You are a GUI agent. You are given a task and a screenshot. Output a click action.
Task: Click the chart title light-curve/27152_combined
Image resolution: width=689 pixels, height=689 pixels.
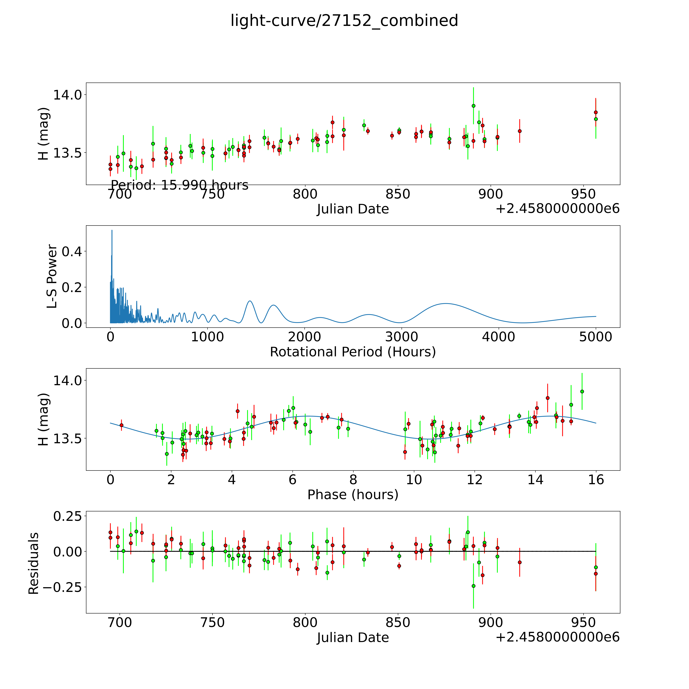pyautogui.click(x=344, y=21)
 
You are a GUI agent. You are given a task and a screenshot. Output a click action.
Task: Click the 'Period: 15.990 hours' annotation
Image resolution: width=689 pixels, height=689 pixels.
pyautogui.click(x=179, y=185)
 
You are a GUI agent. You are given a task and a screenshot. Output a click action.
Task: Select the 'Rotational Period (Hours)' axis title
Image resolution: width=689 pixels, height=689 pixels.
pyautogui.click(x=353, y=352)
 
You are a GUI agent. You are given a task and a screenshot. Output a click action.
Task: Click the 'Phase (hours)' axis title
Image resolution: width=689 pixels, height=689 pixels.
pyautogui.click(x=353, y=495)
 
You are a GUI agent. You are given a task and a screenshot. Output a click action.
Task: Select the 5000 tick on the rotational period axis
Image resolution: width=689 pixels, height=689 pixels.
pyautogui.click(x=596, y=337)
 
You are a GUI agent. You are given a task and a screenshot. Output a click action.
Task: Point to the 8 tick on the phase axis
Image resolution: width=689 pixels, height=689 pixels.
pyautogui.click(x=353, y=480)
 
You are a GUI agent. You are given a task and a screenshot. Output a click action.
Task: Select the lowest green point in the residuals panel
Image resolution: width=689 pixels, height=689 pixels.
pyautogui.click(x=473, y=586)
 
